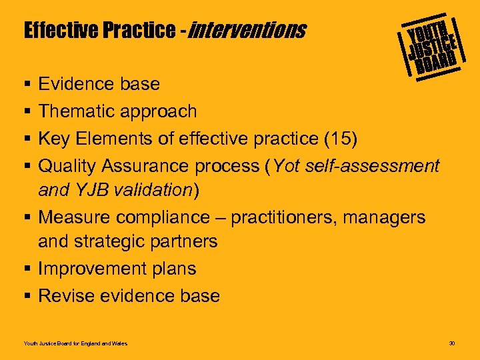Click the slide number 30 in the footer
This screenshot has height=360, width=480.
[x=452, y=343]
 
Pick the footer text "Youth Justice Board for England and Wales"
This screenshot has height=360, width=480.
[x=75, y=343]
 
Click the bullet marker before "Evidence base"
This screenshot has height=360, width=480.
[x=27, y=84]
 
